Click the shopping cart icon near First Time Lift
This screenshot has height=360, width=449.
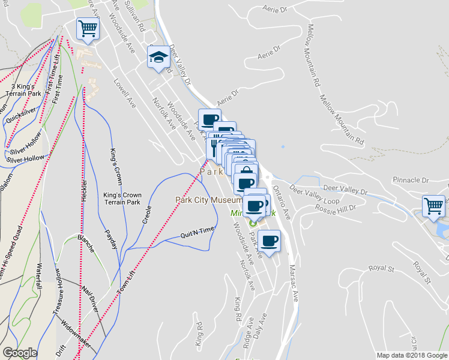(x=88, y=28)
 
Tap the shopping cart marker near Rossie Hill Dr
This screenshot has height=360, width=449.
(x=433, y=205)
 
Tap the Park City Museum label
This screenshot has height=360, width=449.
(x=208, y=200)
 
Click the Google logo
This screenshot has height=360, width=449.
(x=20, y=353)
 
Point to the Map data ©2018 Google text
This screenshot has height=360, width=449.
(x=411, y=355)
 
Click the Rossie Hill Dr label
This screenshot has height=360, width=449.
(x=335, y=207)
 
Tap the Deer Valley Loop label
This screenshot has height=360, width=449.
(x=345, y=189)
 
